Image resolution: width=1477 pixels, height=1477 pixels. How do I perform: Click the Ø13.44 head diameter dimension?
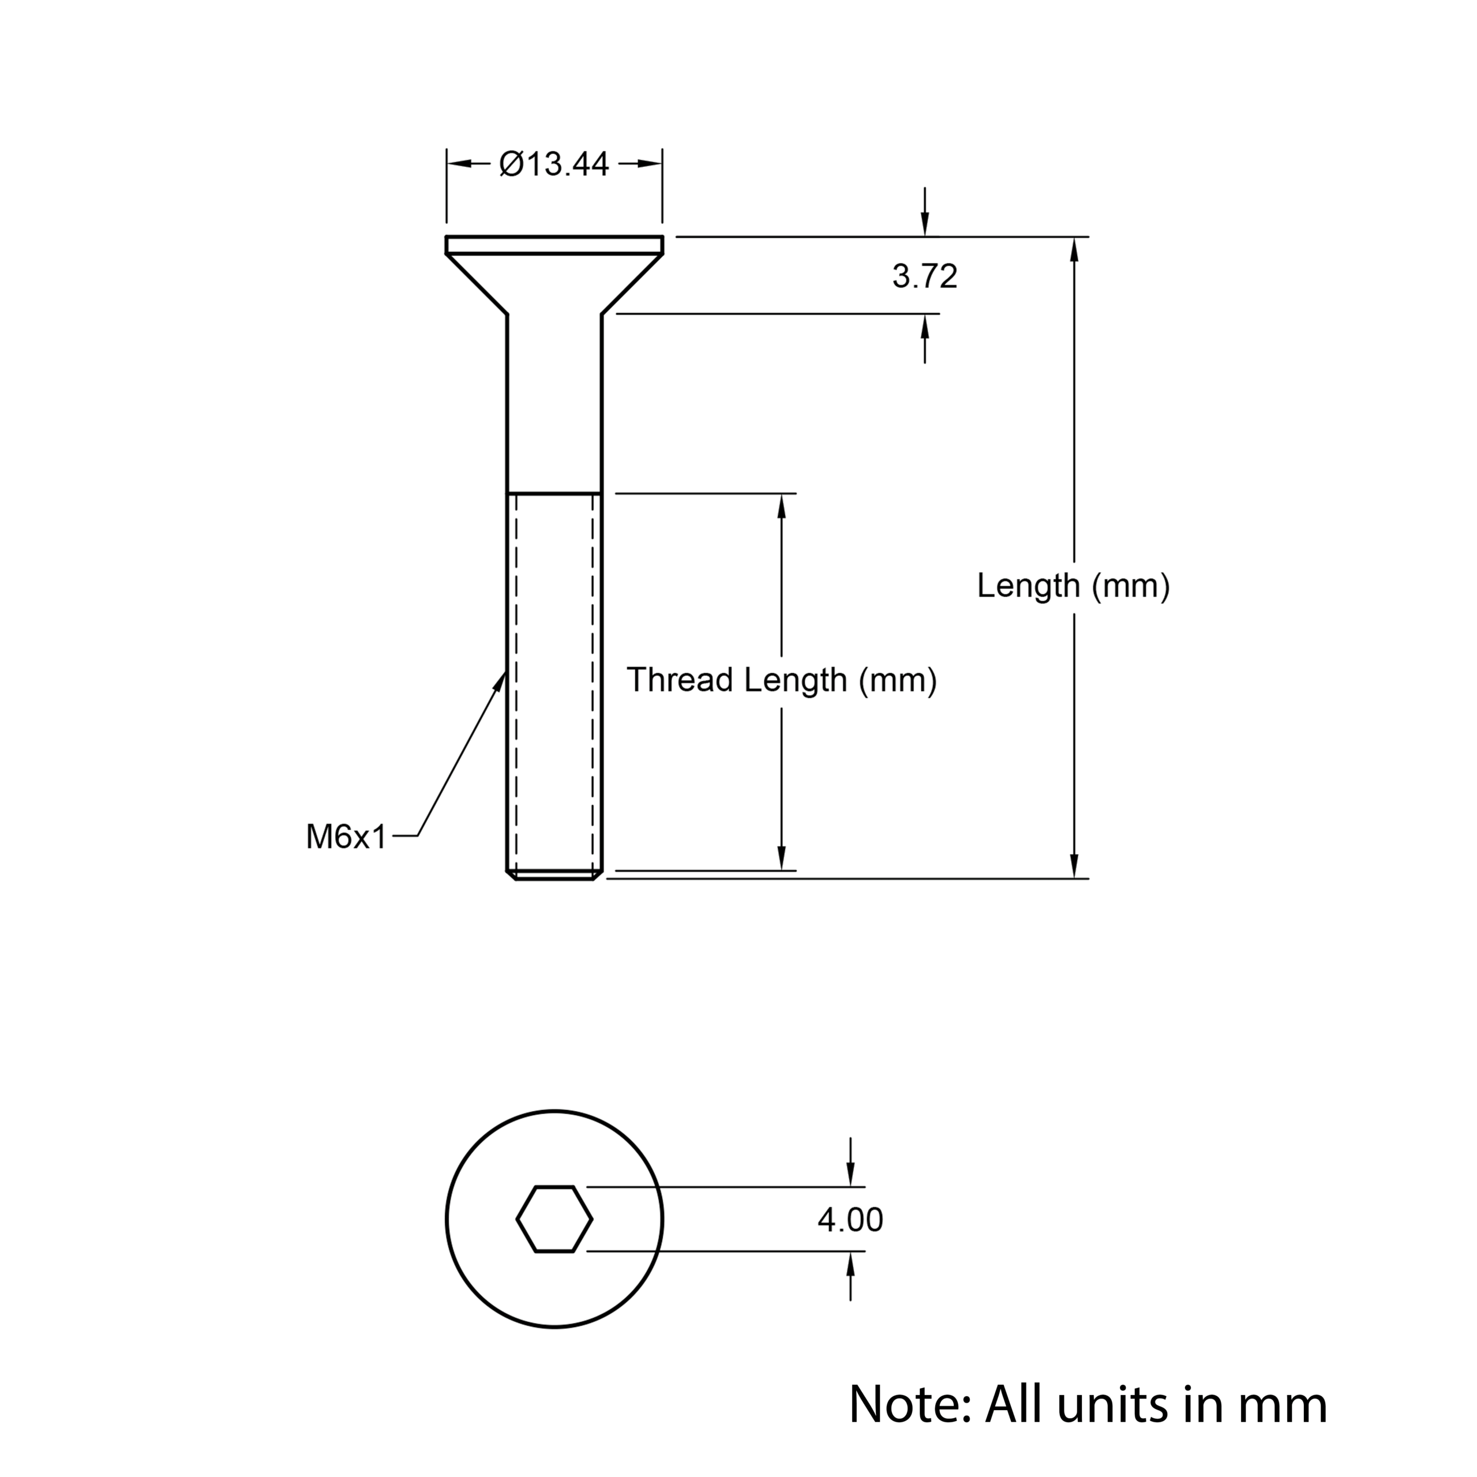tap(554, 164)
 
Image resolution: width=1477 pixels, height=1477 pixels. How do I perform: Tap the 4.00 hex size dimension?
tap(850, 1219)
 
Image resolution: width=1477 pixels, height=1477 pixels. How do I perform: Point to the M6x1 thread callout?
tap(346, 837)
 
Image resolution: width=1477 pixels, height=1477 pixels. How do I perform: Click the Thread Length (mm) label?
tap(781, 680)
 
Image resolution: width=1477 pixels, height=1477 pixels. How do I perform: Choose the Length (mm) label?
tap(1073, 586)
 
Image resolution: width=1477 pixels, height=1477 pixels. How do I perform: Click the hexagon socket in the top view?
tap(554, 1219)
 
